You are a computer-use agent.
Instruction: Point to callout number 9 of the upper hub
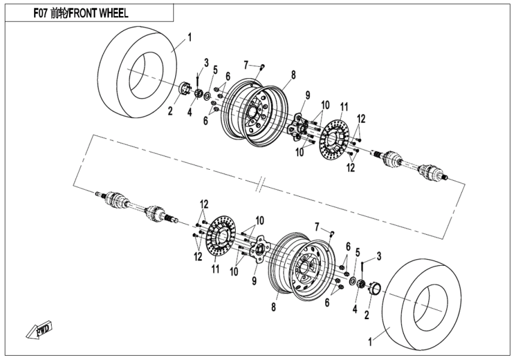(x=307, y=95)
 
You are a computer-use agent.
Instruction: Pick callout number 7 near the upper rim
(x=246, y=64)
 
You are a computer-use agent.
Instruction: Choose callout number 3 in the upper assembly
(x=206, y=62)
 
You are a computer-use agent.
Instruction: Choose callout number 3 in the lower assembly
(x=379, y=256)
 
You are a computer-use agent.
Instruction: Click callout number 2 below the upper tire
(x=170, y=110)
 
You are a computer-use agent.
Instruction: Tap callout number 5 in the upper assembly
(x=215, y=70)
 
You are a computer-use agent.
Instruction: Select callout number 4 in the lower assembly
(x=355, y=309)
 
